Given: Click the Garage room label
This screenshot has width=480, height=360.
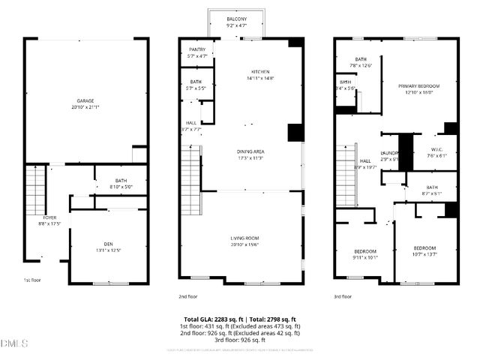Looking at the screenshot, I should click(84, 103).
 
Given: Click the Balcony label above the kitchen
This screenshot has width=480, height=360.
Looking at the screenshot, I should click(237, 22).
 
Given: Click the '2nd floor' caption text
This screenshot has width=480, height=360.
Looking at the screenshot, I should click(187, 297).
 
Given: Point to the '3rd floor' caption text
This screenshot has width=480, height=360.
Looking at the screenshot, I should click(343, 297).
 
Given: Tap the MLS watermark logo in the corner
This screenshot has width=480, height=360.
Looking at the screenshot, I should click(14, 343).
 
